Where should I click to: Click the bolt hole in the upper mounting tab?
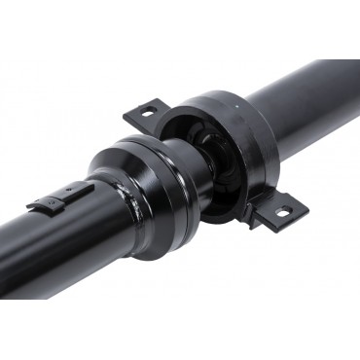[x=147, y=112]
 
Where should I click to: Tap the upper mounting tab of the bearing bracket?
[x=143, y=116]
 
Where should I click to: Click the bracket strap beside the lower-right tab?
[x=254, y=216]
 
